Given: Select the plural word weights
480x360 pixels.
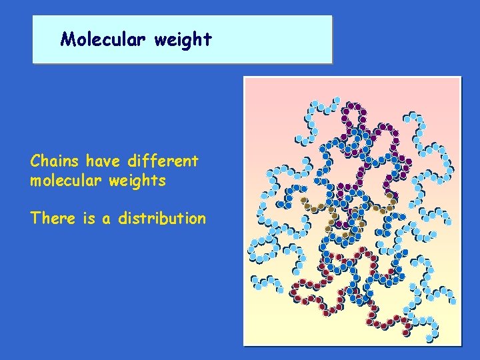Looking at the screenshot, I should [x=139, y=181].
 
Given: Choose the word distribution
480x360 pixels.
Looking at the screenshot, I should [x=162, y=218].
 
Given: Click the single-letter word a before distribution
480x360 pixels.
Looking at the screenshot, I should [x=107, y=219].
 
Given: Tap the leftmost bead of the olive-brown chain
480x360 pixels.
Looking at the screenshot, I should [x=304, y=199].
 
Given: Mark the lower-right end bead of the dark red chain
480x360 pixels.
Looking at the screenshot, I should [x=406, y=331].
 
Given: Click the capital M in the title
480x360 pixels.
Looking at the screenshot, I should [x=66, y=39].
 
